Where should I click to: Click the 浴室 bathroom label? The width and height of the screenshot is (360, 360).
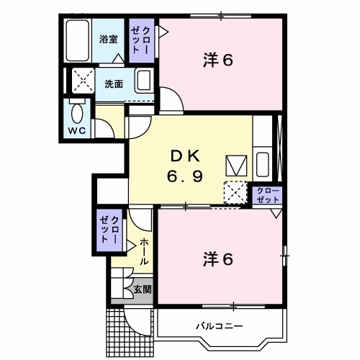click(x=109, y=40)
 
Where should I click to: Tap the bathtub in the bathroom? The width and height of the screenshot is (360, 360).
click(x=78, y=40)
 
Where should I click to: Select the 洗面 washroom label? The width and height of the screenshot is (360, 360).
click(x=114, y=84)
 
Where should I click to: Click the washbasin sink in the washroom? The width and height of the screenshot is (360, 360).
click(x=144, y=81)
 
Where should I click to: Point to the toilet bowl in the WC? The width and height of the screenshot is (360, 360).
click(x=77, y=113)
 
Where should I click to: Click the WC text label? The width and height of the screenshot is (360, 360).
click(x=77, y=131)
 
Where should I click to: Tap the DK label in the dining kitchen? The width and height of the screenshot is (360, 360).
click(x=185, y=156)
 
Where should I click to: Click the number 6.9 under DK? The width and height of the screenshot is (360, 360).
click(x=185, y=176)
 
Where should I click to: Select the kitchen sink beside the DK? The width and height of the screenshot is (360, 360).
click(x=262, y=164)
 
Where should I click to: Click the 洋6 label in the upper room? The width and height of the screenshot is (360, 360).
click(x=218, y=60)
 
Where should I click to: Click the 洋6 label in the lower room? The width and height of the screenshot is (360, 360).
click(x=218, y=259)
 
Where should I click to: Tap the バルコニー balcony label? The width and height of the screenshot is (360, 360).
click(x=220, y=326)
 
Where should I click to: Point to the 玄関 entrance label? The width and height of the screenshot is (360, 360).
click(x=143, y=289)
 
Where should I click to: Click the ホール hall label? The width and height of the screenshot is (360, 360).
click(x=144, y=251)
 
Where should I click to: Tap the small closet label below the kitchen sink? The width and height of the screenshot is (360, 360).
click(x=268, y=195)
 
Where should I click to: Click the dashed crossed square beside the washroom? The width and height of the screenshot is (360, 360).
click(x=84, y=81)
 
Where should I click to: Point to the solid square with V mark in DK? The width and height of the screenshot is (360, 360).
click(x=236, y=166)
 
